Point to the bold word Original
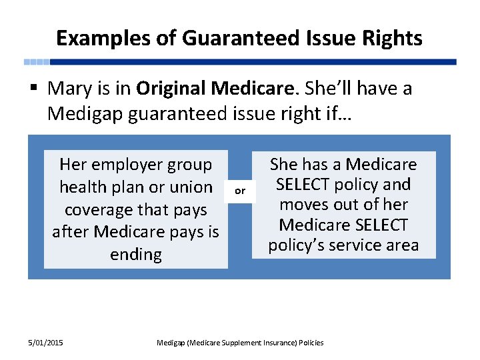click(x=171, y=88)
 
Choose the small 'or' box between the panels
click(x=240, y=191)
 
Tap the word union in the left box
click(x=191, y=187)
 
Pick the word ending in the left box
click(x=135, y=255)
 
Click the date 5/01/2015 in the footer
click(x=46, y=343)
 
